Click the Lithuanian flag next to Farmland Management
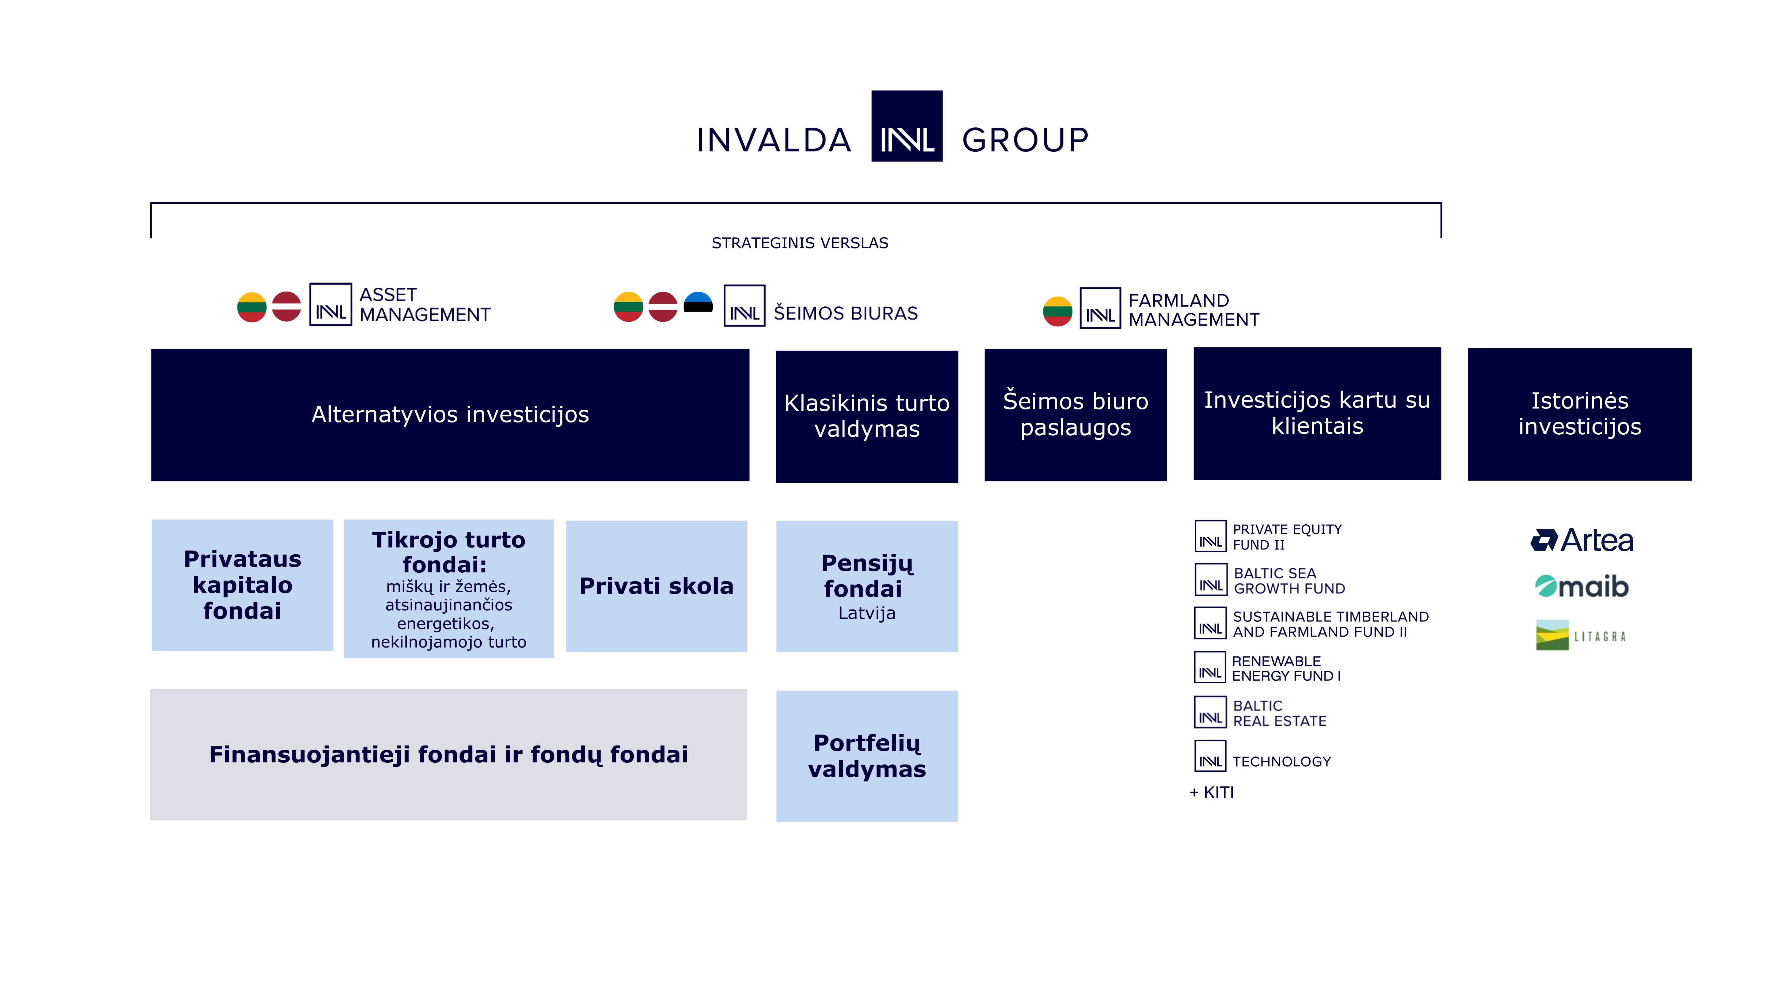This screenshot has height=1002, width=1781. (x=1057, y=311)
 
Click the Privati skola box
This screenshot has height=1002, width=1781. (x=656, y=586)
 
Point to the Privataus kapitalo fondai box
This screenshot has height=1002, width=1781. (x=242, y=585)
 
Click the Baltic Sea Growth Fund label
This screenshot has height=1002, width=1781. (x=1289, y=581)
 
